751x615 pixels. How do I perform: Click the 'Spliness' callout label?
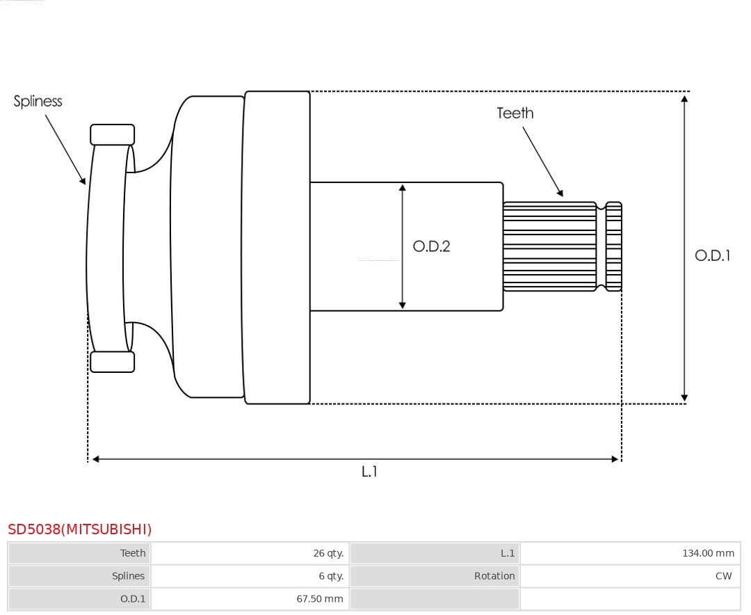coord(38,102)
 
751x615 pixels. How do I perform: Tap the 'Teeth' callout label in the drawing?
coord(515,113)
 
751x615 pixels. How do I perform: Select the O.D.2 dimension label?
coord(432,246)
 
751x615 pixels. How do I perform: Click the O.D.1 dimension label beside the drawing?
coord(713,255)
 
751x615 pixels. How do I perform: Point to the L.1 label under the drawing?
coord(369,472)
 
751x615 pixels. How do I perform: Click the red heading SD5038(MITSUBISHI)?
coord(79,529)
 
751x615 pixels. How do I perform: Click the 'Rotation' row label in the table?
coord(494,576)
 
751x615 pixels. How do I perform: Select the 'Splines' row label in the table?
coord(129,576)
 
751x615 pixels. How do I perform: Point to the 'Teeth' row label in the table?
coord(133,553)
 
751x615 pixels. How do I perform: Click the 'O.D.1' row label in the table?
coord(133,599)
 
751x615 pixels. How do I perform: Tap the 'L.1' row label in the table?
coord(508,553)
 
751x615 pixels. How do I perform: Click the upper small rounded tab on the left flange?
coord(113,135)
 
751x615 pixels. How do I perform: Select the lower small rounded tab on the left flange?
coord(113,362)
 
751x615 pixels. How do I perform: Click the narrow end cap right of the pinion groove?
coord(613,246)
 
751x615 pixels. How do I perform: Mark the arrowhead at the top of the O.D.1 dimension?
coord(684,99)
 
